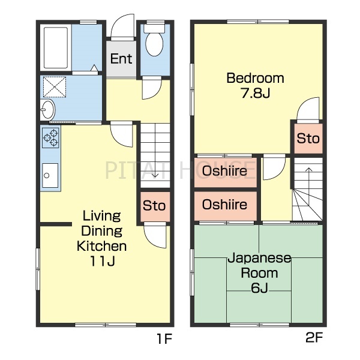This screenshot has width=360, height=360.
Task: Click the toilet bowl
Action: (154, 44)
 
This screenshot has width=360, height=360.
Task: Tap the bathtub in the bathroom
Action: (56, 48)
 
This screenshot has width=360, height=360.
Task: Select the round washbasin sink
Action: (48, 110)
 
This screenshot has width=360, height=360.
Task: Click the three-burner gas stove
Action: (50, 138)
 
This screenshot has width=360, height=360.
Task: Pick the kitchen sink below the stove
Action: (50, 175)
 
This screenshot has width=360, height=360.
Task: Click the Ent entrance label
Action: (121, 59)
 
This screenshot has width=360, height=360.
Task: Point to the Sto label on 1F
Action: (154, 205)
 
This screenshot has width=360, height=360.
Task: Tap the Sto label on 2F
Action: (308, 138)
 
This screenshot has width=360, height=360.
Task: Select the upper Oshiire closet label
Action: (224, 170)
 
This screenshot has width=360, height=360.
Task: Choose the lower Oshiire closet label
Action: (224, 204)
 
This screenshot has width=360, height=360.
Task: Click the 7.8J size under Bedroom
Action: (256, 93)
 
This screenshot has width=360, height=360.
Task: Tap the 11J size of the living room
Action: (103, 261)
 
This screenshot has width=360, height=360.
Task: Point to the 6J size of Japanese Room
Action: (259, 288)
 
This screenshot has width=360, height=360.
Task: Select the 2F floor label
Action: (314, 337)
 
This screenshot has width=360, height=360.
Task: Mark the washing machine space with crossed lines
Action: (55, 87)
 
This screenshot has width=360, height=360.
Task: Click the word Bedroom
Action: (256, 78)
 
